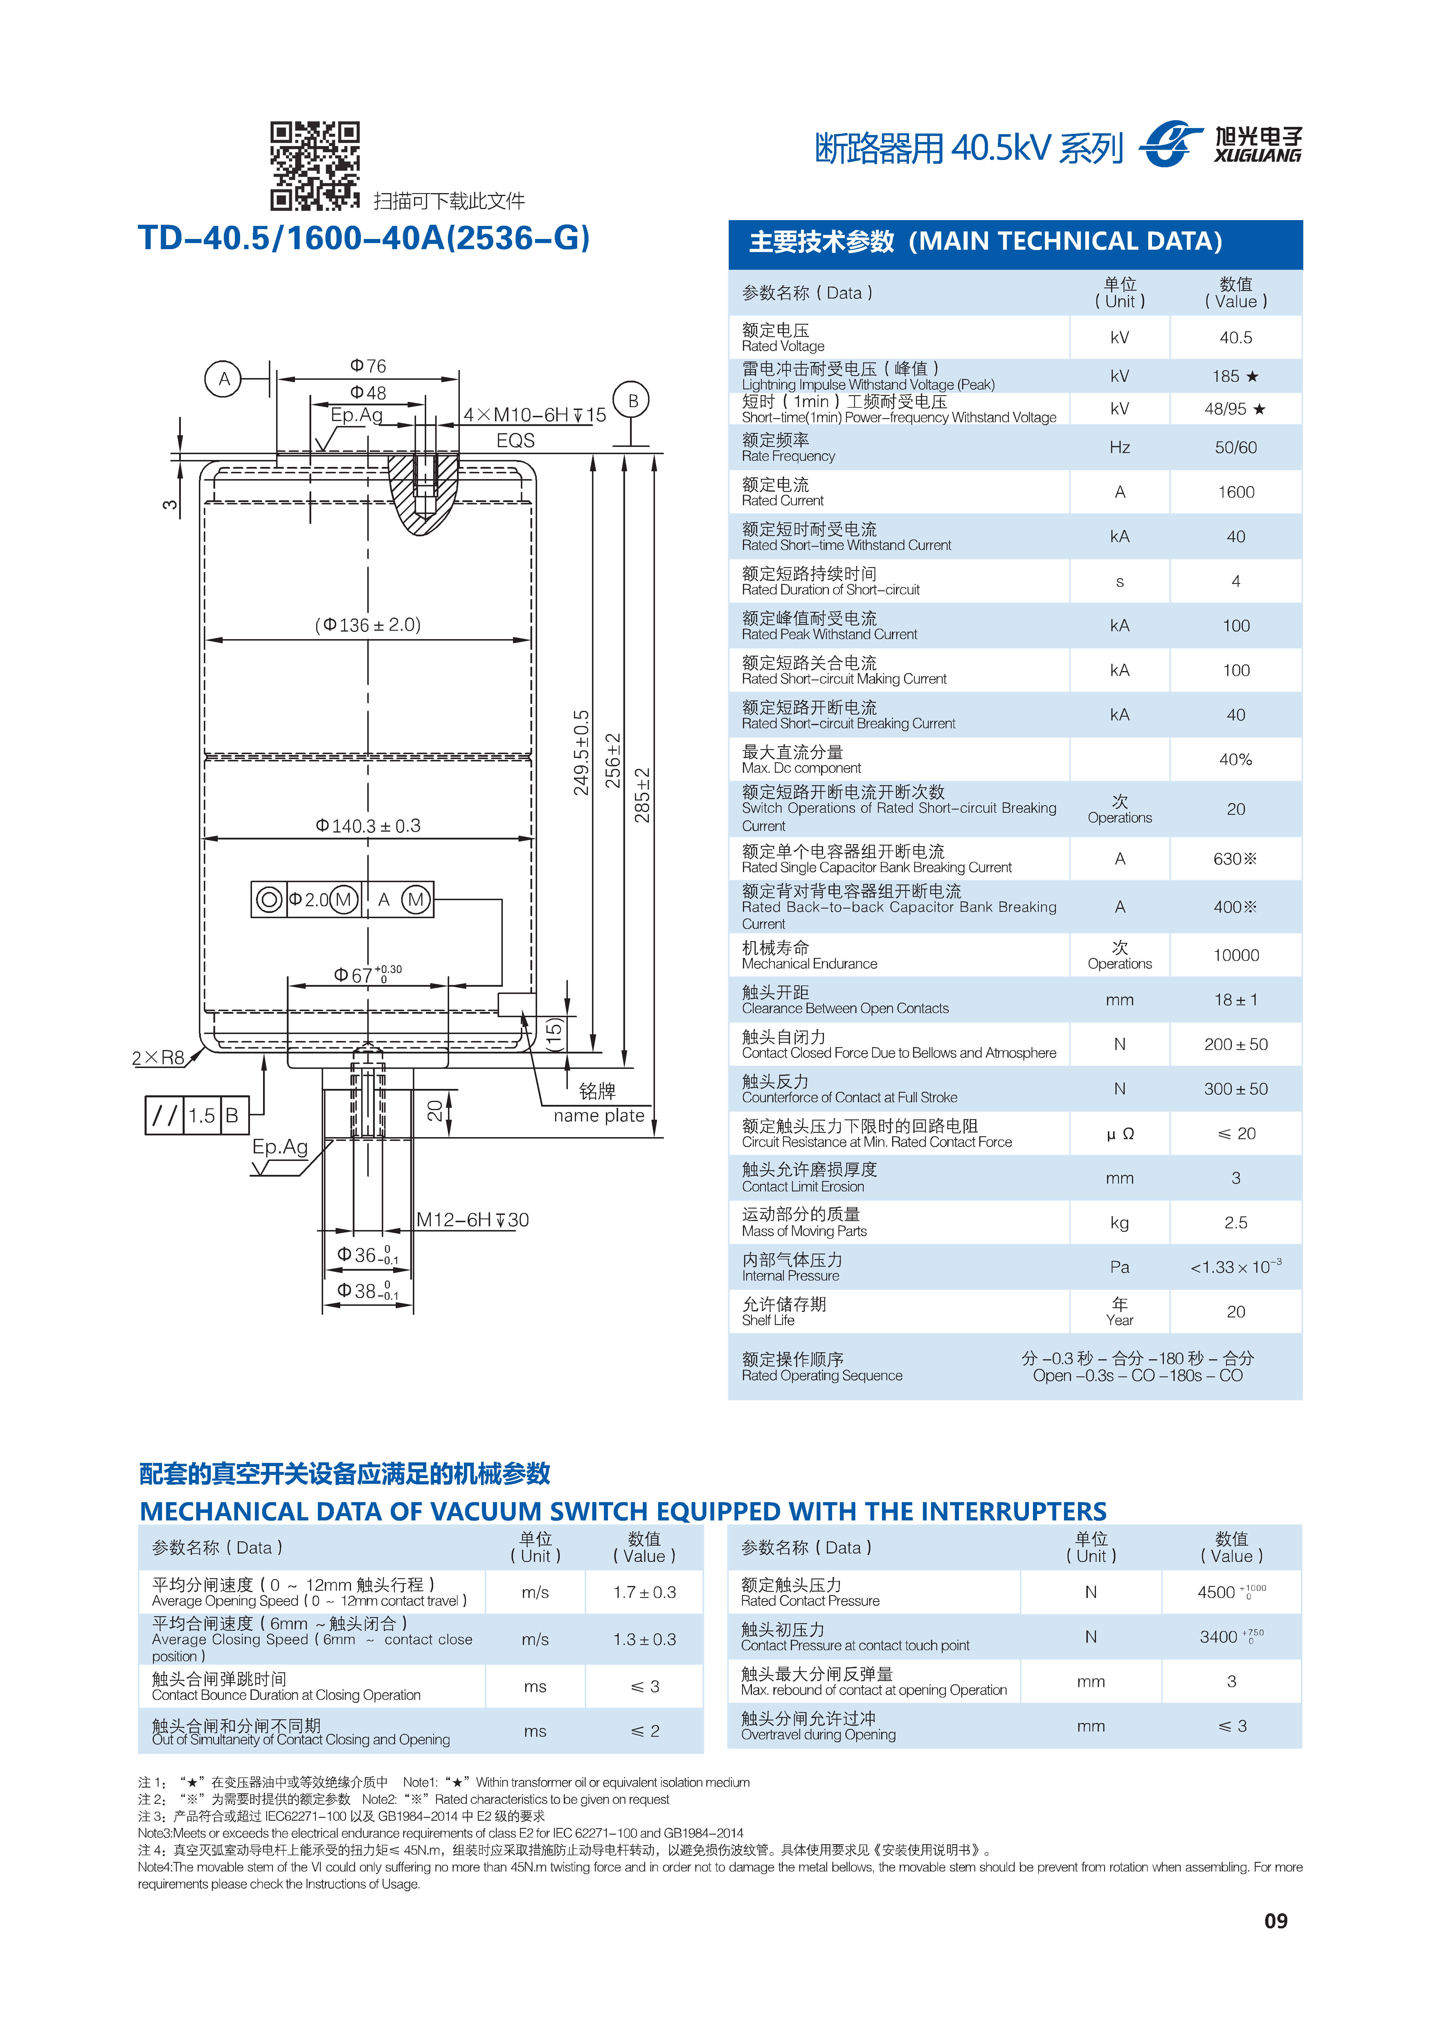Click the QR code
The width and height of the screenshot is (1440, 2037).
click(x=315, y=166)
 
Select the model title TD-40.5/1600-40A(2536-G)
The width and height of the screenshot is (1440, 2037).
click(x=364, y=238)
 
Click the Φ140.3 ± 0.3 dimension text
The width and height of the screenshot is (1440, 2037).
click(x=368, y=826)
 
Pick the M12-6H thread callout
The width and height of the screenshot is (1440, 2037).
click(x=473, y=1220)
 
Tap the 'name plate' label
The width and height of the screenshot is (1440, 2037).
click(x=599, y=1116)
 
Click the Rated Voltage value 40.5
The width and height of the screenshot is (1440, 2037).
click(x=1236, y=338)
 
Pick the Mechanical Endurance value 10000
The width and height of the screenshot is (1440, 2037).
click(x=1236, y=956)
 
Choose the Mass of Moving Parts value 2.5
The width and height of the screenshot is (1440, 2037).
click(x=1236, y=1223)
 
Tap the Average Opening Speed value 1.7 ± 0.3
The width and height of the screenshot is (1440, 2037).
click(x=644, y=1592)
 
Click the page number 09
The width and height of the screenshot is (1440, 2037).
click(x=1276, y=1921)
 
